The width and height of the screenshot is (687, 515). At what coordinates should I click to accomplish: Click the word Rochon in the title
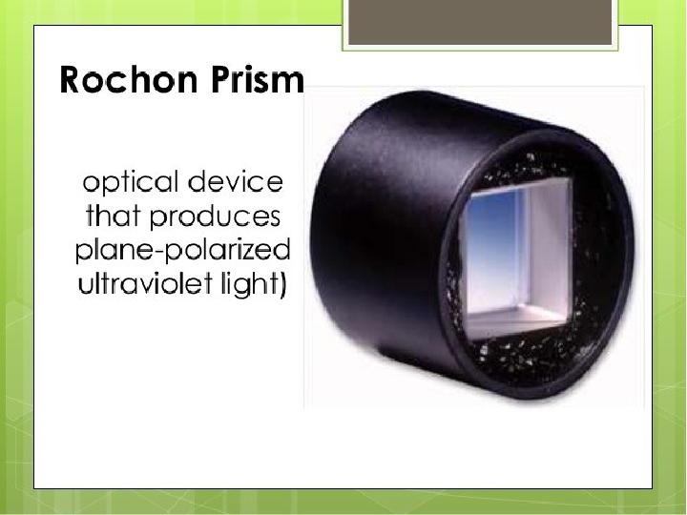click(x=128, y=79)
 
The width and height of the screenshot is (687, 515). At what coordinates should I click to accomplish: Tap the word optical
click(x=131, y=183)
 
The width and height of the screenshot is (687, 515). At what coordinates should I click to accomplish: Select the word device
click(x=236, y=181)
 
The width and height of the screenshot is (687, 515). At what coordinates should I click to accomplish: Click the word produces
click(x=215, y=217)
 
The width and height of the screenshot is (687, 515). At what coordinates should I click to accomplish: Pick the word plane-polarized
click(x=182, y=251)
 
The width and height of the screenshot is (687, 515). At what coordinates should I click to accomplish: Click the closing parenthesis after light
click(x=283, y=284)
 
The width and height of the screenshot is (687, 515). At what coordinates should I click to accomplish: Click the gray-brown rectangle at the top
click(x=480, y=22)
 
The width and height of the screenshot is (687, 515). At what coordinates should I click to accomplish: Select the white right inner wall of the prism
click(x=550, y=245)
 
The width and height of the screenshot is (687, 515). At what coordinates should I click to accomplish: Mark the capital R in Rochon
click(x=71, y=79)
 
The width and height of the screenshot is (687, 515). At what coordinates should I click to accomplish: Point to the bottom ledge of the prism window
click(x=517, y=318)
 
